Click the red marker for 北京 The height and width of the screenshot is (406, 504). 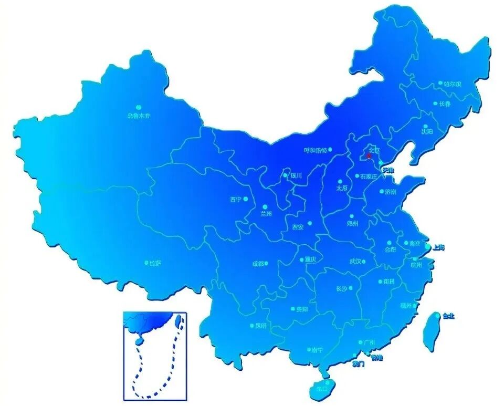(x=369, y=155)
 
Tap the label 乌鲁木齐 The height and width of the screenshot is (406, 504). (x=139, y=116)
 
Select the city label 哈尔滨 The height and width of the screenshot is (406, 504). (x=452, y=84)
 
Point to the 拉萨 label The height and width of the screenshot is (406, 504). (x=156, y=263)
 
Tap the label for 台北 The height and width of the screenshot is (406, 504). (x=448, y=316)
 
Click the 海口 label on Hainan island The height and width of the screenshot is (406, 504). (x=330, y=389)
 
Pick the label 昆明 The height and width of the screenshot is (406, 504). (x=261, y=326)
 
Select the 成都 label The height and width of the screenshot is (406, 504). (x=258, y=264)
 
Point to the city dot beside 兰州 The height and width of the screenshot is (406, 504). (x=265, y=207)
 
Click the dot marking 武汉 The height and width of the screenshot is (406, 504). (x=363, y=262)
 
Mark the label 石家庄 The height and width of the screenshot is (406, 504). (x=369, y=176)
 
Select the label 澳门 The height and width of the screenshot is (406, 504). (x=359, y=363)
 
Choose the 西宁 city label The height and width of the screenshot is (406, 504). (x=235, y=200)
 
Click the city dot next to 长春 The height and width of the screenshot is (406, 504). (x=435, y=103)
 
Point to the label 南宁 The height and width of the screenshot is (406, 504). (x=317, y=350)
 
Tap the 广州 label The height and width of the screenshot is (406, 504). (x=370, y=343)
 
